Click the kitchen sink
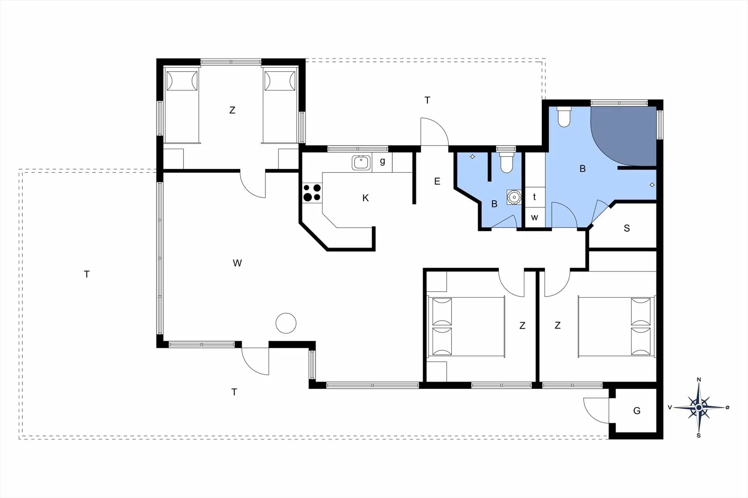(x=361, y=163)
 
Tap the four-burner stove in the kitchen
(x=312, y=193)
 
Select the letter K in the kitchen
(x=365, y=198)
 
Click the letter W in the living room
(x=237, y=263)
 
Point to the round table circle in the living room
(x=286, y=323)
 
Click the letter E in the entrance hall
(x=437, y=181)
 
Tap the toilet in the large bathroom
(x=564, y=116)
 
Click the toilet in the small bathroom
(x=506, y=163)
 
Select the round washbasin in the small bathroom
(x=514, y=197)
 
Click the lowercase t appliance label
(x=535, y=197)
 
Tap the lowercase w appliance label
(x=535, y=217)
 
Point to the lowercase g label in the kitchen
(x=383, y=161)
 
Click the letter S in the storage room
(x=627, y=228)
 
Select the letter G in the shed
(x=637, y=411)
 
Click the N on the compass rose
(x=699, y=380)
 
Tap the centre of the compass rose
(x=699, y=407)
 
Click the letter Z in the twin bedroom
(x=232, y=110)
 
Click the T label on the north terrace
(x=427, y=100)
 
